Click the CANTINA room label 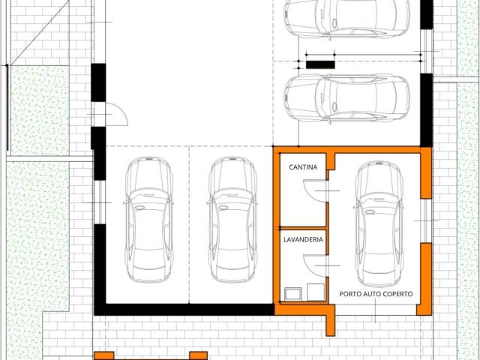coord(303,167)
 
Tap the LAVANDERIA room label coord(303,239)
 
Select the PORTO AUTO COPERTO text coord(376,294)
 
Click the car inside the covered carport coord(379,224)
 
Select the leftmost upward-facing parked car coord(149,220)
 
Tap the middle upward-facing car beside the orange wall coord(232,220)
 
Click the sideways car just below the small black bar coord(346,98)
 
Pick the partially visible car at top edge coord(346,19)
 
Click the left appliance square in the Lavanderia coord(293,294)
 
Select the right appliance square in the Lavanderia coord(316,292)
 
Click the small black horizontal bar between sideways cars coord(320,64)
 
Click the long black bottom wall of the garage coord(184,310)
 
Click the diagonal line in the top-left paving coord(40,32)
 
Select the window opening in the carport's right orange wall coord(426,220)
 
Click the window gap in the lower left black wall coord(100,202)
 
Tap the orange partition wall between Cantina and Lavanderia coord(303,228)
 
